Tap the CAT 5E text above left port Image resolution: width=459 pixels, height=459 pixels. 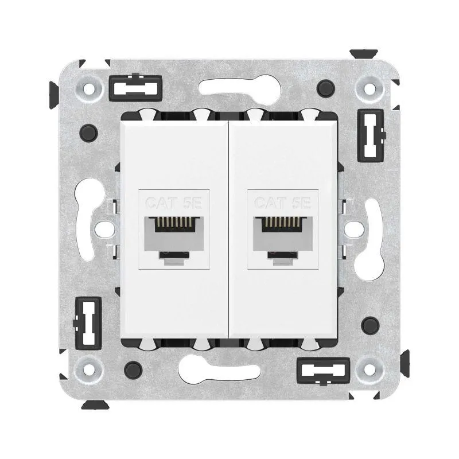click(174, 203)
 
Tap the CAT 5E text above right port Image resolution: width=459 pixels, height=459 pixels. click(282, 203)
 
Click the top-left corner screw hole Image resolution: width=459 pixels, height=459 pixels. click(89, 88)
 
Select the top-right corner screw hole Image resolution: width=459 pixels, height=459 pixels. click(369, 88)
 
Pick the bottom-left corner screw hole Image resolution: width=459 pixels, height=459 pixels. click(89, 369)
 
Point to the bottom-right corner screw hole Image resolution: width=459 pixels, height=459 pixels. click(369, 369)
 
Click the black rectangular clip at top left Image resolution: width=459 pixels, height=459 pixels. click(135, 88)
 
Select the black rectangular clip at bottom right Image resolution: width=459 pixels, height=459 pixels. click(323, 370)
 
